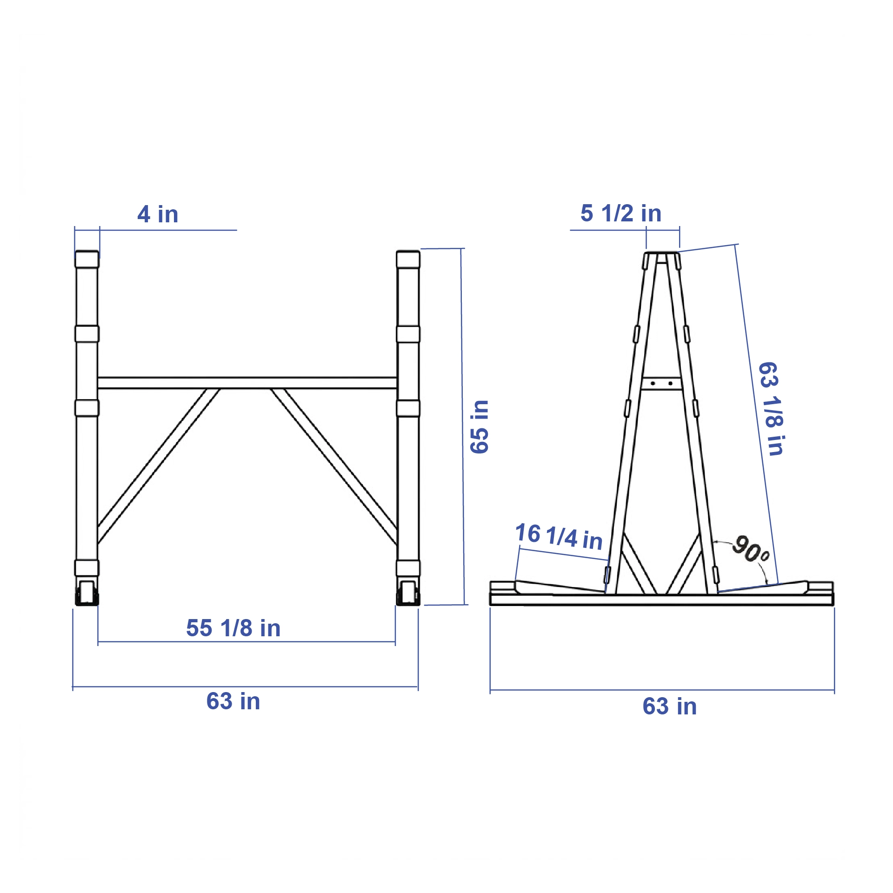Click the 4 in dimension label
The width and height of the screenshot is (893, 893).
pyautogui.click(x=158, y=214)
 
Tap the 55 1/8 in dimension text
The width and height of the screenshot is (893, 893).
pyautogui.click(x=233, y=628)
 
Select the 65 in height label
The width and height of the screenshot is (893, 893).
pyautogui.click(x=480, y=427)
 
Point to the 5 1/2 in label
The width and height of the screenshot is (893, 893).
pyautogui.click(x=620, y=213)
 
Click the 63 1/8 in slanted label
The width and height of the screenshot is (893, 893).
pyautogui.click(x=772, y=409)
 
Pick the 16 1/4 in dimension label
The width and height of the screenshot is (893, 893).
pyautogui.click(x=559, y=536)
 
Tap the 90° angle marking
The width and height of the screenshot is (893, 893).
pyautogui.click(x=750, y=549)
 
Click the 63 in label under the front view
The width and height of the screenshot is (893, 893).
pyautogui.click(x=233, y=701)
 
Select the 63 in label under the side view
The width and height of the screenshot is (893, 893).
pyautogui.click(x=669, y=706)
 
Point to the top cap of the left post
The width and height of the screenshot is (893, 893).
pyautogui.click(x=87, y=259)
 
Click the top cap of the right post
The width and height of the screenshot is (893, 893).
pyautogui.click(x=408, y=259)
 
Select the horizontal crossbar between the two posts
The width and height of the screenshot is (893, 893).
pyautogui.click(x=247, y=383)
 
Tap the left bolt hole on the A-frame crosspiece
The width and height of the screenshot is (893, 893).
pyautogui.click(x=653, y=383)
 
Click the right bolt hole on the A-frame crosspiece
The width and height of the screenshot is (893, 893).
pyautogui.click(x=670, y=383)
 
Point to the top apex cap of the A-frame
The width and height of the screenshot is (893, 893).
pyautogui.click(x=661, y=253)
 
